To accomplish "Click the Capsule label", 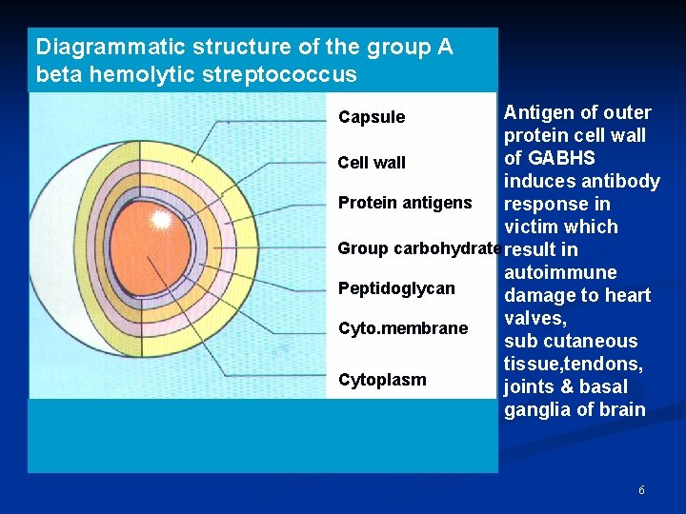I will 372,117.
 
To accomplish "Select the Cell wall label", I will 372,163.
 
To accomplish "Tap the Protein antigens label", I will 405,202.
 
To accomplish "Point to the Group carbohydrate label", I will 419,248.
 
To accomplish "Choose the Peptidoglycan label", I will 396,288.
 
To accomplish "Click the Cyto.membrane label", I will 403,328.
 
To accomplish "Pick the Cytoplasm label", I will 382,380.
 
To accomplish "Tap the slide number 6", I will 641,490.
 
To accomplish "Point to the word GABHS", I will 561,158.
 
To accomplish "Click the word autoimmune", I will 560,273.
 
